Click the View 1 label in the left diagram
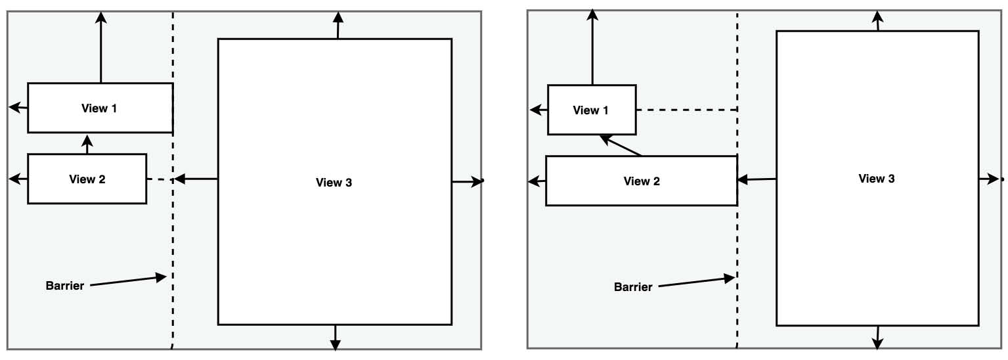click(x=99, y=108)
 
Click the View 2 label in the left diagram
click(x=87, y=179)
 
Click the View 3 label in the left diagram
click(x=334, y=183)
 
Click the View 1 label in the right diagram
click(x=590, y=110)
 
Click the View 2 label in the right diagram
click(x=641, y=181)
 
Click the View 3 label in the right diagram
click(x=876, y=179)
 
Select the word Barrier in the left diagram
click(x=65, y=286)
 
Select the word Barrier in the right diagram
click(x=633, y=287)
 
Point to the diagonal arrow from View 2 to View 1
click(x=621, y=146)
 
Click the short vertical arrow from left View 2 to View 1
click(x=87, y=143)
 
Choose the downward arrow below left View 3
click(x=336, y=336)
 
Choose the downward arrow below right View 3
click(x=877, y=337)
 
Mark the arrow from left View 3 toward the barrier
click(x=196, y=179)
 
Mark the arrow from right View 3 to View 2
click(x=756, y=179)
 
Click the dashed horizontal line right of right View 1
click(x=686, y=110)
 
